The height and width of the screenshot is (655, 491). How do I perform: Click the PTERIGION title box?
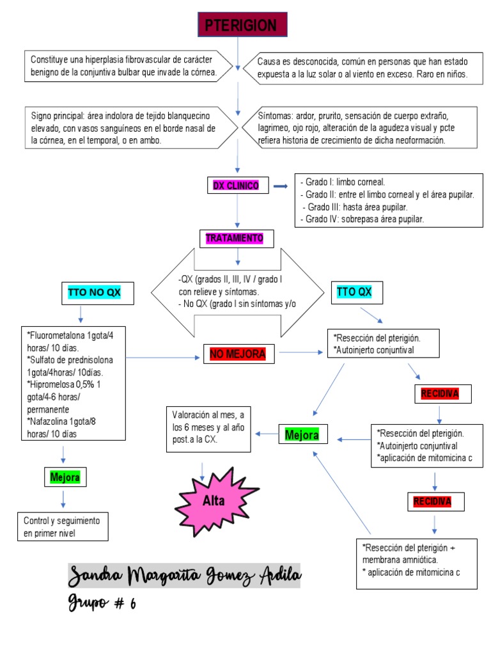coord(242,26)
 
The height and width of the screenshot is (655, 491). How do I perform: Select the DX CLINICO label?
coord(236,185)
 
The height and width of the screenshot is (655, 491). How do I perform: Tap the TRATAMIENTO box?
coord(235,239)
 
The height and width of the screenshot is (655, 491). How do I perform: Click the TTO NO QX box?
coord(94,293)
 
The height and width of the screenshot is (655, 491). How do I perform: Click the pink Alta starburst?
coord(214,501)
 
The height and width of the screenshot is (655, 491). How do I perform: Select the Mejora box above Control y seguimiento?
coord(65,477)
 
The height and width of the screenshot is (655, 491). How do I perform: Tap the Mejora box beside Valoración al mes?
coord(302,435)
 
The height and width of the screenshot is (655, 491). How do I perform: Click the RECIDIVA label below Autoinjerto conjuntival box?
coord(440,393)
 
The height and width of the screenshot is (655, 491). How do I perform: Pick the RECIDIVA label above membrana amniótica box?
coord(432,501)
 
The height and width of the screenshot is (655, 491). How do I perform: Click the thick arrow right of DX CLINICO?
coord(280,186)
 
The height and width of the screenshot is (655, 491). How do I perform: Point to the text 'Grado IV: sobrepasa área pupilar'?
coord(362,219)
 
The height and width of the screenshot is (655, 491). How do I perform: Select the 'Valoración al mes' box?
coord(208,428)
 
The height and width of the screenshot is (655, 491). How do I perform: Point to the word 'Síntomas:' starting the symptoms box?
coord(276,116)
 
